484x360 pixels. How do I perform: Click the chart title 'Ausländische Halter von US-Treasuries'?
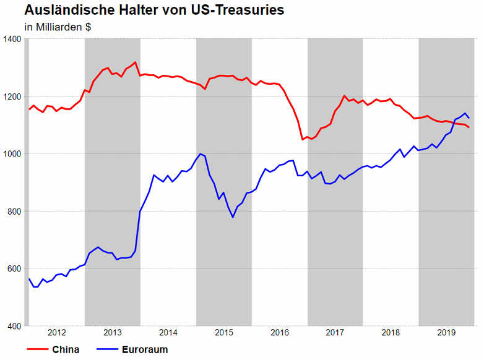click(x=154, y=11)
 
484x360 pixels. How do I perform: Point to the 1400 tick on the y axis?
click(x=12, y=39)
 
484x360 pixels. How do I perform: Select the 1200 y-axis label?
click(x=12, y=96)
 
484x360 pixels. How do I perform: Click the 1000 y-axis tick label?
click(x=12, y=154)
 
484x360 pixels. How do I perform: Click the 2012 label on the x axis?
click(x=57, y=333)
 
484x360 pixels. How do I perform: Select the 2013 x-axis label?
click(x=113, y=333)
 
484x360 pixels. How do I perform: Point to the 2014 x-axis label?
click(x=168, y=333)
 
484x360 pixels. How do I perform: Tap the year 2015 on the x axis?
click(x=224, y=333)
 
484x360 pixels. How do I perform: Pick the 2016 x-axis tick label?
click(x=280, y=333)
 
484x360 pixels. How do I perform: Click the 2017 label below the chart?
click(x=335, y=333)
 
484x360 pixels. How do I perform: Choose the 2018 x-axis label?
click(x=391, y=333)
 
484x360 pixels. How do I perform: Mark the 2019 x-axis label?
click(x=446, y=333)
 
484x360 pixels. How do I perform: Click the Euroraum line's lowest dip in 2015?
click(x=233, y=217)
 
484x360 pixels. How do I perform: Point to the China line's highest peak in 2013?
click(x=136, y=62)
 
